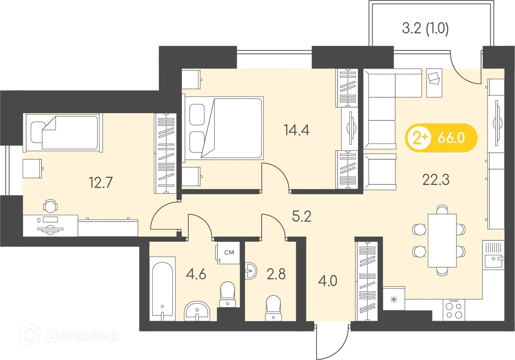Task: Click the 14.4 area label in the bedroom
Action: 296,130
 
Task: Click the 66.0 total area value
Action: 451,138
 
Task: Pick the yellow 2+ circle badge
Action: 418,138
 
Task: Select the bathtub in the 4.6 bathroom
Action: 162,289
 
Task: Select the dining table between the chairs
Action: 442,240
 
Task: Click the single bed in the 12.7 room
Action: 63,132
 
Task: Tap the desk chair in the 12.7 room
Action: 50,206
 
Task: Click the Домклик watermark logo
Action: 73,336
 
